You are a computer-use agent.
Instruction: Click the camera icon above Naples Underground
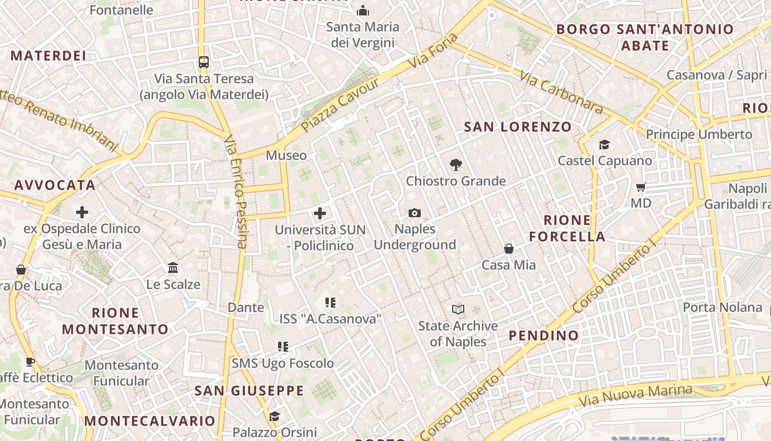[x=415, y=213]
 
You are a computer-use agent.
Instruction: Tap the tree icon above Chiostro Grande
[x=455, y=164]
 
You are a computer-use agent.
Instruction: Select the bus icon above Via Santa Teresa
[x=204, y=62]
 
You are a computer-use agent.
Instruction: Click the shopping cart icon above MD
[x=641, y=187]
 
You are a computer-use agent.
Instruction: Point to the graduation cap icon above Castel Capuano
[x=605, y=144]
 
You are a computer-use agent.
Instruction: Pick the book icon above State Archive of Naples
[x=458, y=309]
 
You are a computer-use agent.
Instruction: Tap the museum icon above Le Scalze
[x=173, y=268]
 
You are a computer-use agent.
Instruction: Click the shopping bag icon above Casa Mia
[x=509, y=249]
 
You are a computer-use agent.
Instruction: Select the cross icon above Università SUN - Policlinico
[x=320, y=213]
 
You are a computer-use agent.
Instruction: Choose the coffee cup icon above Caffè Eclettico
[x=30, y=362]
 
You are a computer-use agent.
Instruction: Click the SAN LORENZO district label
[x=518, y=127]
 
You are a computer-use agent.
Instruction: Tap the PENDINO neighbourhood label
[x=544, y=335]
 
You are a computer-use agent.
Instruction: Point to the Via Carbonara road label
[x=561, y=93]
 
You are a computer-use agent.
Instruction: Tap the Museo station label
[x=286, y=155]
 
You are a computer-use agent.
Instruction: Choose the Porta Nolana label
[x=722, y=307]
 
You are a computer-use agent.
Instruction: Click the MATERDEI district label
[x=48, y=56]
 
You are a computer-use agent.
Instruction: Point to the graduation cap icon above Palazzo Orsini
[x=274, y=416]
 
